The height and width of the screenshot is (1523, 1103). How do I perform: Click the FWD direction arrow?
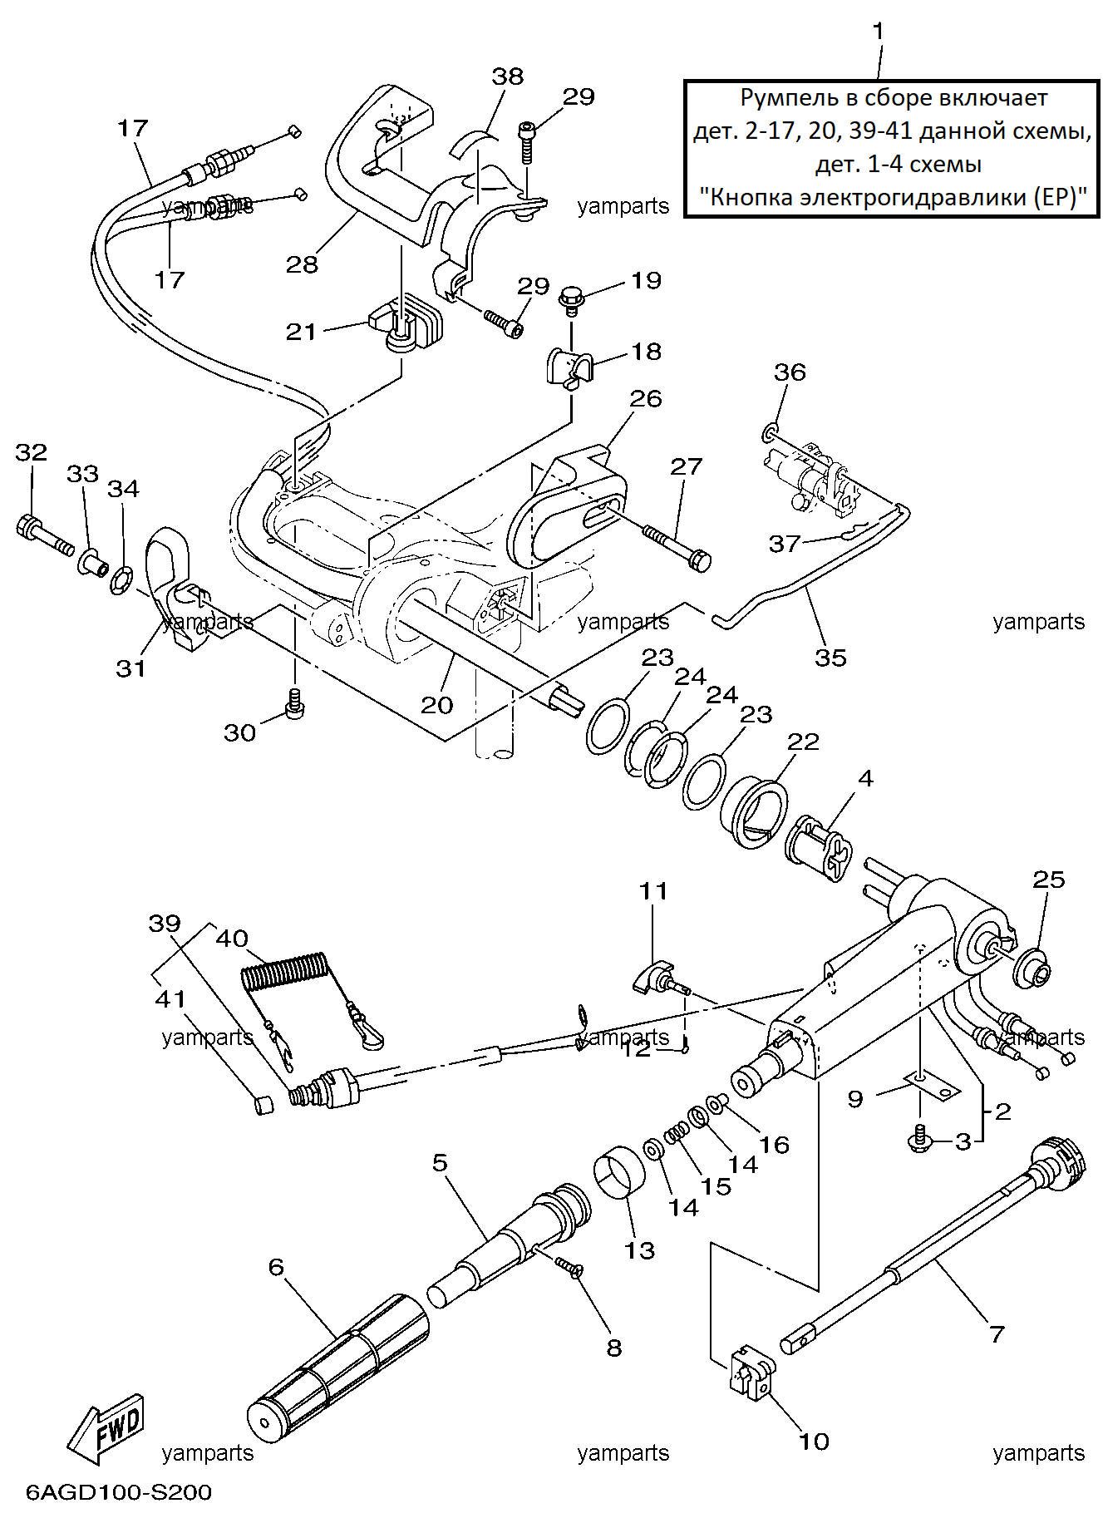coord(106,1427)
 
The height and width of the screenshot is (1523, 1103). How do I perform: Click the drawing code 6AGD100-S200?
coord(119,1492)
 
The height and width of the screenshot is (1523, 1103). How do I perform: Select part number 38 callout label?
coord(508,76)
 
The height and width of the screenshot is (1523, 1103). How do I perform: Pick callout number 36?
coord(790,372)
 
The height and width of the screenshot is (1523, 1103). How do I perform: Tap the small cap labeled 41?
coord(263,1104)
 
